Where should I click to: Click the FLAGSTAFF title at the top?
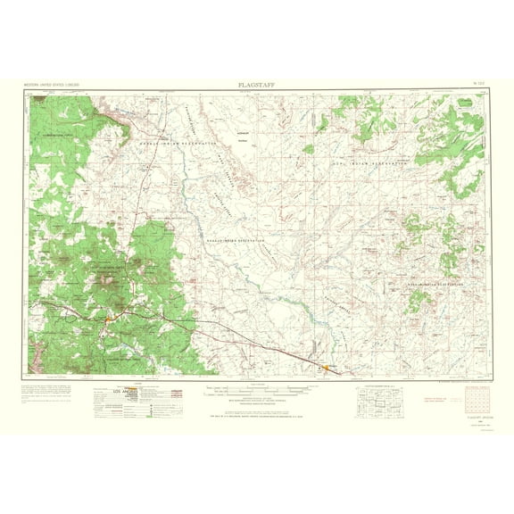tap(256, 85)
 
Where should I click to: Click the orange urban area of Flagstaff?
tap(109, 315)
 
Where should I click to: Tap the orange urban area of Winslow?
tap(326, 366)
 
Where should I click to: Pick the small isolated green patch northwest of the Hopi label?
tap(308, 149)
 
